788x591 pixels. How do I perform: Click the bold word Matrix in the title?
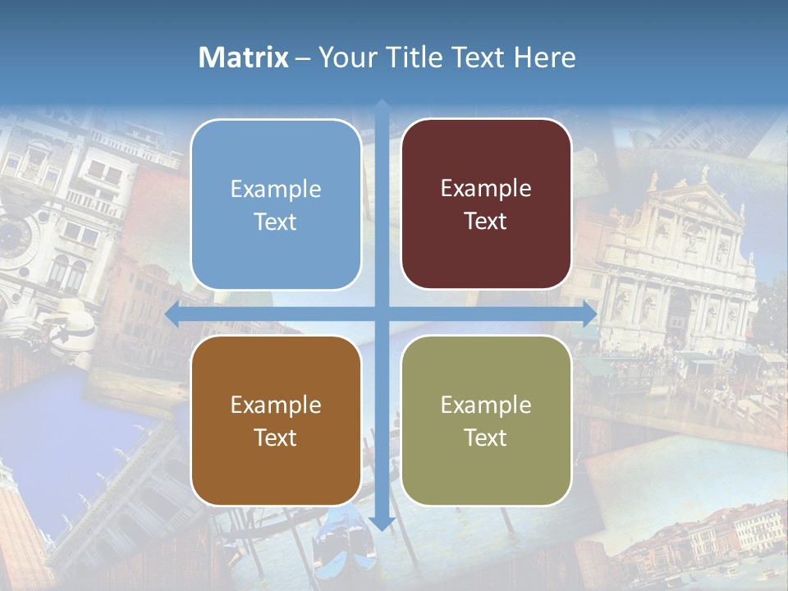click(x=243, y=57)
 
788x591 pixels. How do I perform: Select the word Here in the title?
click(x=545, y=57)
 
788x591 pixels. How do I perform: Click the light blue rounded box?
click(x=276, y=205)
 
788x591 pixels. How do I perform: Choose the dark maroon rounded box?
click(x=486, y=204)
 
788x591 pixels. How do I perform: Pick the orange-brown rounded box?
click(x=276, y=420)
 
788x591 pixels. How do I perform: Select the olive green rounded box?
click(x=486, y=420)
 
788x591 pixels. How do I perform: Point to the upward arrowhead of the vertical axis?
click(x=381, y=106)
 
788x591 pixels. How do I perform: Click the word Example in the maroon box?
click(x=486, y=188)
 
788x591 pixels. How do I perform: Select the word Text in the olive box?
click(x=486, y=438)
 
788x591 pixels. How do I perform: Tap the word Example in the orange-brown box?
click(x=276, y=405)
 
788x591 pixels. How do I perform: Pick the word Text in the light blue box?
click(x=276, y=222)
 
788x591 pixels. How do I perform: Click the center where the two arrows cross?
click(x=381, y=314)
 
